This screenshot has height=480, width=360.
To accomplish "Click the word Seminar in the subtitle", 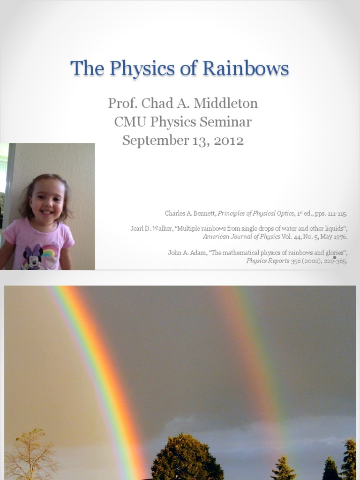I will pos(227,122).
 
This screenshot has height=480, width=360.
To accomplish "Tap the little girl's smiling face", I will pos(47,202).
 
